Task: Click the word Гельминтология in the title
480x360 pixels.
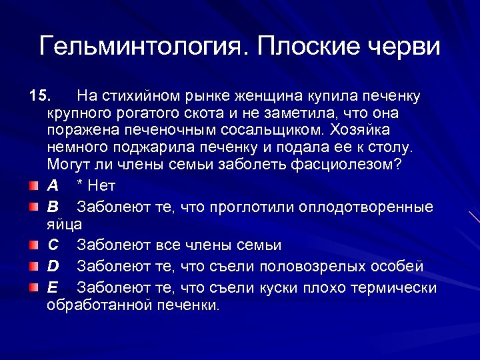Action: pos(143,47)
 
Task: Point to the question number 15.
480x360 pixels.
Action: pos(39,97)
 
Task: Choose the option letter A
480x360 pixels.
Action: pos(52,185)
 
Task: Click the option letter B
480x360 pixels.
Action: pos(52,207)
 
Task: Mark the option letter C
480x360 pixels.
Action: pos(53,245)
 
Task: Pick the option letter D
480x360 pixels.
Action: pos(53,267)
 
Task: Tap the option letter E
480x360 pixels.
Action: pos(52,288)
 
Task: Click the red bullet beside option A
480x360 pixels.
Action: pos(33,185)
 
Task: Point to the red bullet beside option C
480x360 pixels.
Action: pos(33,245)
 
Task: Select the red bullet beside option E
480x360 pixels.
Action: pos(33,287)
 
